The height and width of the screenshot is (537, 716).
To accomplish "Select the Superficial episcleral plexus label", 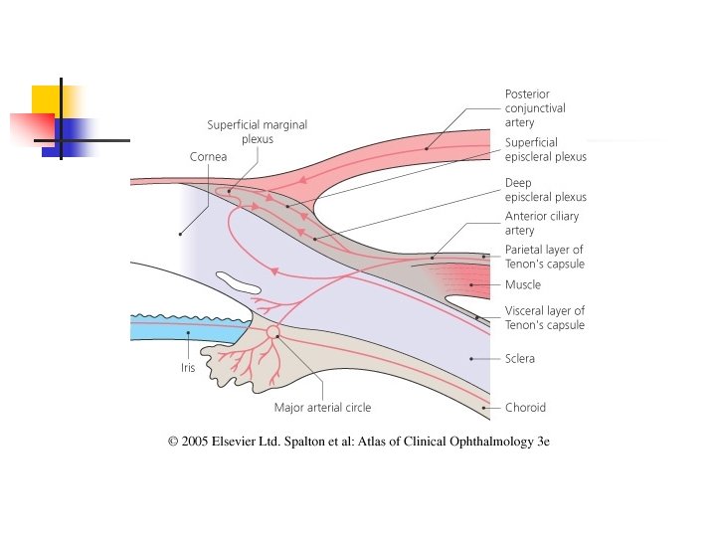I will [545, 149].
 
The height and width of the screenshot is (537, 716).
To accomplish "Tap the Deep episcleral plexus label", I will [545, 190].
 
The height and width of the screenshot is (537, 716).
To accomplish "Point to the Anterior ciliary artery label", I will [541, 223].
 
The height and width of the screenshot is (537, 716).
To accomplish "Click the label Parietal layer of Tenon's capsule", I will [544, 257].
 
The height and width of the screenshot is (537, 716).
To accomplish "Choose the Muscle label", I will [522, 285].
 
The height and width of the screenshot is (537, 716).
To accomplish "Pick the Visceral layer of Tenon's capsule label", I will [544, 318].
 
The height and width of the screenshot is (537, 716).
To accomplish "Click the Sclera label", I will [519, 358].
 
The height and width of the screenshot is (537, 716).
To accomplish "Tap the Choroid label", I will [525, 407].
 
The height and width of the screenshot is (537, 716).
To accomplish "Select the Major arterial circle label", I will [322, 407].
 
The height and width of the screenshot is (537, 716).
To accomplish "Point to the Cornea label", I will [208, 156].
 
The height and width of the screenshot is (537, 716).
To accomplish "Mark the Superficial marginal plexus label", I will [257, 132].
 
